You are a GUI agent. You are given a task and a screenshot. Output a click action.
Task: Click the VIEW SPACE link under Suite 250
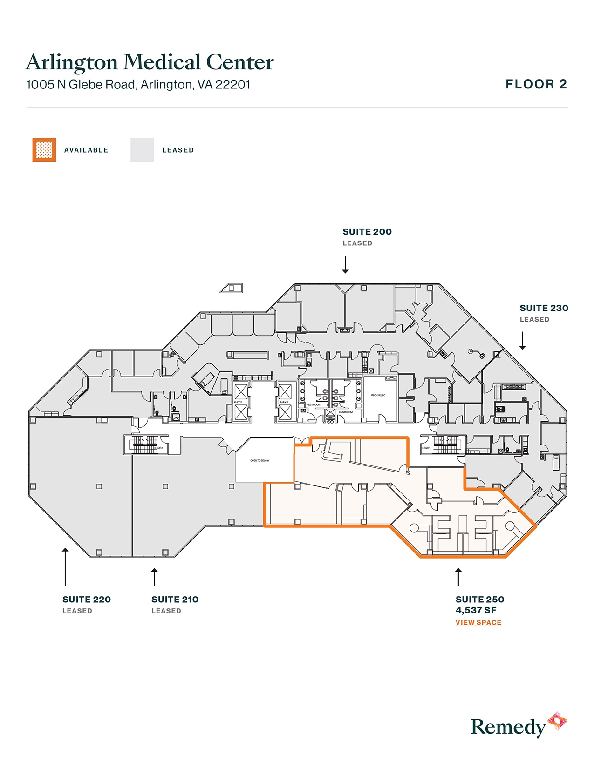478,622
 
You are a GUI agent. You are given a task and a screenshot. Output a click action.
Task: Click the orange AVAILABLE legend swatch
44,150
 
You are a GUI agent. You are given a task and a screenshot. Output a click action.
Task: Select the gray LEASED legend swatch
142,150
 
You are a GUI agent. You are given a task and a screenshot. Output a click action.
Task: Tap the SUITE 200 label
367,232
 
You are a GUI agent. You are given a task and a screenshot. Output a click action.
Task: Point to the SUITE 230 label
544,308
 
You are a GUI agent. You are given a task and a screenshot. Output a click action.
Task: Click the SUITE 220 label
87,600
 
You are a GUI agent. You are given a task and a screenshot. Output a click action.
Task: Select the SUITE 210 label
175,600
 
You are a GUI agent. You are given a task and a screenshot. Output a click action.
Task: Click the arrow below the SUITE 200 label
345,264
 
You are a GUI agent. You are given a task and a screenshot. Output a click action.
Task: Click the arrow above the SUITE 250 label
458,577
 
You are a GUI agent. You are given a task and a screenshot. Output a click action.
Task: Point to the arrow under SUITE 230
522,340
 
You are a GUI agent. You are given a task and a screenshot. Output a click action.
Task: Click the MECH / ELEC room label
378,395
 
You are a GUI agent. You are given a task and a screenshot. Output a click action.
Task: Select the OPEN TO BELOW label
259,461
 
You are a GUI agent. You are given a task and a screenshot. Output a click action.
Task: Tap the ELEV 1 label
284,402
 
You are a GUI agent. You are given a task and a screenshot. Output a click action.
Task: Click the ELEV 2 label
238,402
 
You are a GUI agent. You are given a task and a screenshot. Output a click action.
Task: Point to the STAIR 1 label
426,448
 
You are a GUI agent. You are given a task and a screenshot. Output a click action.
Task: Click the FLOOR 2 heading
536,84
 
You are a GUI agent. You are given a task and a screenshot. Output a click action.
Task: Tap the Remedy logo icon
557,721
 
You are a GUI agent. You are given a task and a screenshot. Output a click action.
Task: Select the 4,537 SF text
476,610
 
